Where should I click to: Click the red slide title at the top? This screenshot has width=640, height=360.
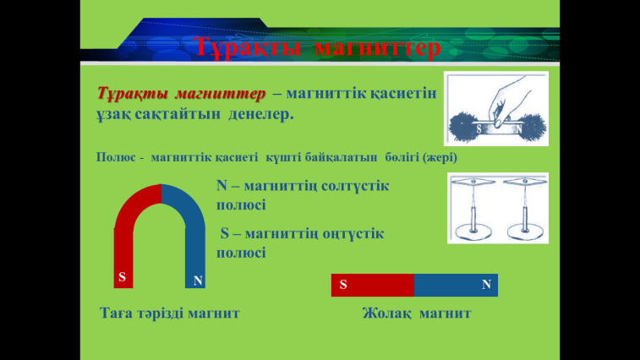point(317,47)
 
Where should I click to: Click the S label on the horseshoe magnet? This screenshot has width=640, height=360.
point(122,277)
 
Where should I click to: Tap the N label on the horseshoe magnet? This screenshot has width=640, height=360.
point(198,281)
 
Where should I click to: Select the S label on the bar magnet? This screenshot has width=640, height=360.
point(343,285)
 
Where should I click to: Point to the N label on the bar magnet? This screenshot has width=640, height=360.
point(486,285)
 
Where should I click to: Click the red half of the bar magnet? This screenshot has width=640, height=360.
point(373,285)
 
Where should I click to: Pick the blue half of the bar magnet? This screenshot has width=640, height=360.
point(456,285)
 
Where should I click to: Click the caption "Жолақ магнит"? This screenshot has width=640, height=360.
point(417,314)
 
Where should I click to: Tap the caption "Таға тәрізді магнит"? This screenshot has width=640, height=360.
point(170,314)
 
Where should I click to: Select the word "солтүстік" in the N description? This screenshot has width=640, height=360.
point(355,186)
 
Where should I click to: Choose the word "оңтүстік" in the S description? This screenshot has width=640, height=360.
point(353,234)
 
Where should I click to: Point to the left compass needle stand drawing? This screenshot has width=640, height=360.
point(473,208)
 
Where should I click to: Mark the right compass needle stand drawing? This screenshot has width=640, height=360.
point(525,208)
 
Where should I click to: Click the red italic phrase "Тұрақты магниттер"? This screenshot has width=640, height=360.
point(181,94)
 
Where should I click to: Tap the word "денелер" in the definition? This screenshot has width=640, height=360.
point(260,114)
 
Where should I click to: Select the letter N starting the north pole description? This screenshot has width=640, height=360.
point(222,186)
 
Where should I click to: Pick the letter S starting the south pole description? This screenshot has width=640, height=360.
point(225,233)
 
